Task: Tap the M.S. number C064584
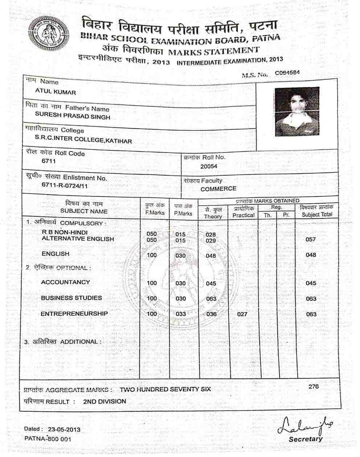(287, 72)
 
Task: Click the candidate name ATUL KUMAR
(56, 92)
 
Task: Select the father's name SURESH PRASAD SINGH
(73, 117)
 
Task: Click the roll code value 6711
(49, 161)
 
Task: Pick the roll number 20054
(209, 166)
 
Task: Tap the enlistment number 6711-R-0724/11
(65, 186)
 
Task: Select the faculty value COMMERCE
(218, 188)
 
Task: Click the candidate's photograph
(297, 112)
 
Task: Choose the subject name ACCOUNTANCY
(66, 282)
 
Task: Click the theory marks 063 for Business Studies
(211, 299)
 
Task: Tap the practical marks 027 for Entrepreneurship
(242, 314)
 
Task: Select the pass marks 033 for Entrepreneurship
(180, 314)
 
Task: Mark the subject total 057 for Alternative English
(311, 239)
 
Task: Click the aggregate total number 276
(314, 386)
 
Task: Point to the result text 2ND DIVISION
(105, 401)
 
